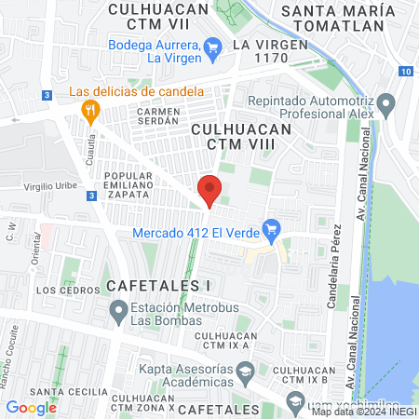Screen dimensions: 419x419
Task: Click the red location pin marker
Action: coord(210,189)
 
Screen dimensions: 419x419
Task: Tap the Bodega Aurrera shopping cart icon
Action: coord(213,45)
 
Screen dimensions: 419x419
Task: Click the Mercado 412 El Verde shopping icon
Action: coord(272,228)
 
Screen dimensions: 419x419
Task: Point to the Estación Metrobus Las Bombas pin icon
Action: coord(118,309)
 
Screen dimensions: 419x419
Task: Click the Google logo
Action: coord(31,407)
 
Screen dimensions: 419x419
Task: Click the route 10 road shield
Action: coord(405,72)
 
